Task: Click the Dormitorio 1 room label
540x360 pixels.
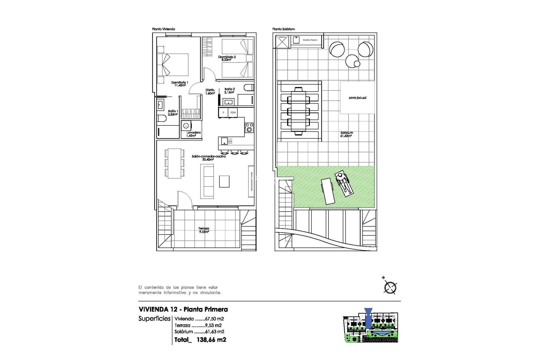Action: coord(179,84)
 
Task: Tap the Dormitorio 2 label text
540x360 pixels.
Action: coord(227,58)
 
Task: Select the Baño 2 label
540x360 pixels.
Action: coord(229,91)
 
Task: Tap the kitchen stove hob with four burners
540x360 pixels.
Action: coord(249,127)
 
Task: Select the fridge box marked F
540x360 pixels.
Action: coord(224,112)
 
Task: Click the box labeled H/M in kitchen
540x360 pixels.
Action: coord(233,112)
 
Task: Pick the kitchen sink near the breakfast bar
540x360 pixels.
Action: coord(224,141)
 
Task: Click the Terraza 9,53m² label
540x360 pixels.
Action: coord(204,230)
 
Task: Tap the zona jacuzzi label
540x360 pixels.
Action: coord(357,98)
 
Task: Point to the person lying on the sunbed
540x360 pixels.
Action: coord(344,184)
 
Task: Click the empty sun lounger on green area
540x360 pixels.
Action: coord(328,191)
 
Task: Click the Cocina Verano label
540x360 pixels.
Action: coord(310,40)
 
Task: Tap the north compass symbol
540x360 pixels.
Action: coord(390,287)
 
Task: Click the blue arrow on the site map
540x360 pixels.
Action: coord(368,318)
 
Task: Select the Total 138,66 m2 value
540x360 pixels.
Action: coord(211,339)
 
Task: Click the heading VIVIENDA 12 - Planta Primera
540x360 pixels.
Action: coord(183,309)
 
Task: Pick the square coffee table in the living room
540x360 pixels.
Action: coord(224,181)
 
